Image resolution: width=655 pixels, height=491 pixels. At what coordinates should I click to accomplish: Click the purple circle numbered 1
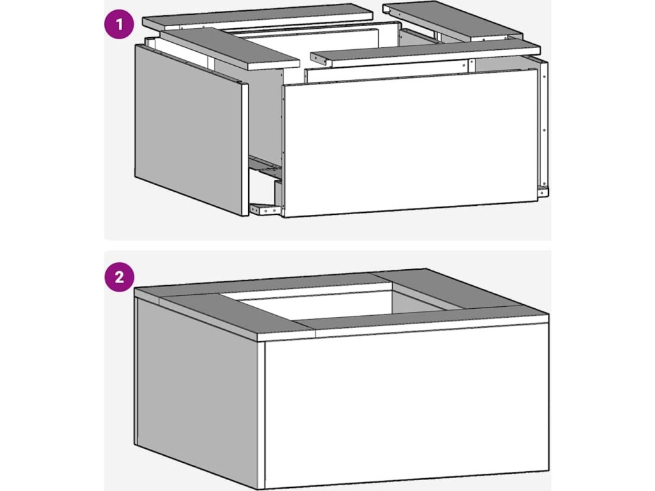tap(119, 25)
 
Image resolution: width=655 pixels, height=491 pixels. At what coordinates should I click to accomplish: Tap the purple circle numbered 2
tap(119, 276)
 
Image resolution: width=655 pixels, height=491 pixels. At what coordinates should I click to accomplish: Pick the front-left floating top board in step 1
tap(230, 49)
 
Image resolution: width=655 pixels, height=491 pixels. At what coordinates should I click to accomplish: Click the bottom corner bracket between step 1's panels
tap(265, 209)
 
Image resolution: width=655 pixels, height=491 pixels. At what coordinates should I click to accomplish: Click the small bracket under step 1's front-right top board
tap(319, 60)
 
